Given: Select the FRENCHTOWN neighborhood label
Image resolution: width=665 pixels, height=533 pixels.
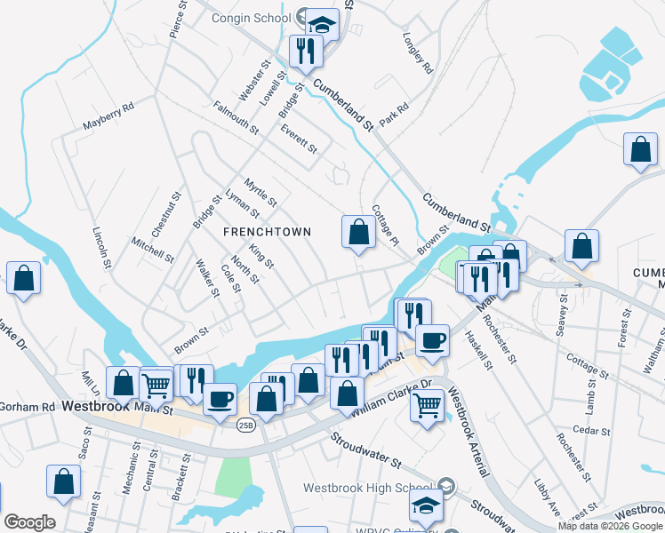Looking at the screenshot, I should tap(267, 232).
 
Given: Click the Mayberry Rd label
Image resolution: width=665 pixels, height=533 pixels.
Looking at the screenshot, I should tap(108, 116).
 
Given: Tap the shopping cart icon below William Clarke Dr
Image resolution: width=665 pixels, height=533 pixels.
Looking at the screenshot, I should tap(428, 406).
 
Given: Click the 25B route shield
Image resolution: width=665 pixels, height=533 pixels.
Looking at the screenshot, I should tap(244, 425).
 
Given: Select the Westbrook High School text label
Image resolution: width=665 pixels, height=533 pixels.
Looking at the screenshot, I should tap(371, 488).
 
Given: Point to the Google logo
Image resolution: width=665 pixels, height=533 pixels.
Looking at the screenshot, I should tap(29, 522).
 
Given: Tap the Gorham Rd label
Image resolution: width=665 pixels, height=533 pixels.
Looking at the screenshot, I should tap(27, 407).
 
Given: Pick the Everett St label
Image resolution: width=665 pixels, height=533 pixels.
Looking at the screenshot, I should tap(298, 138).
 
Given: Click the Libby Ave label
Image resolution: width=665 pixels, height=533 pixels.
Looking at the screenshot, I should tap(548, 497).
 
